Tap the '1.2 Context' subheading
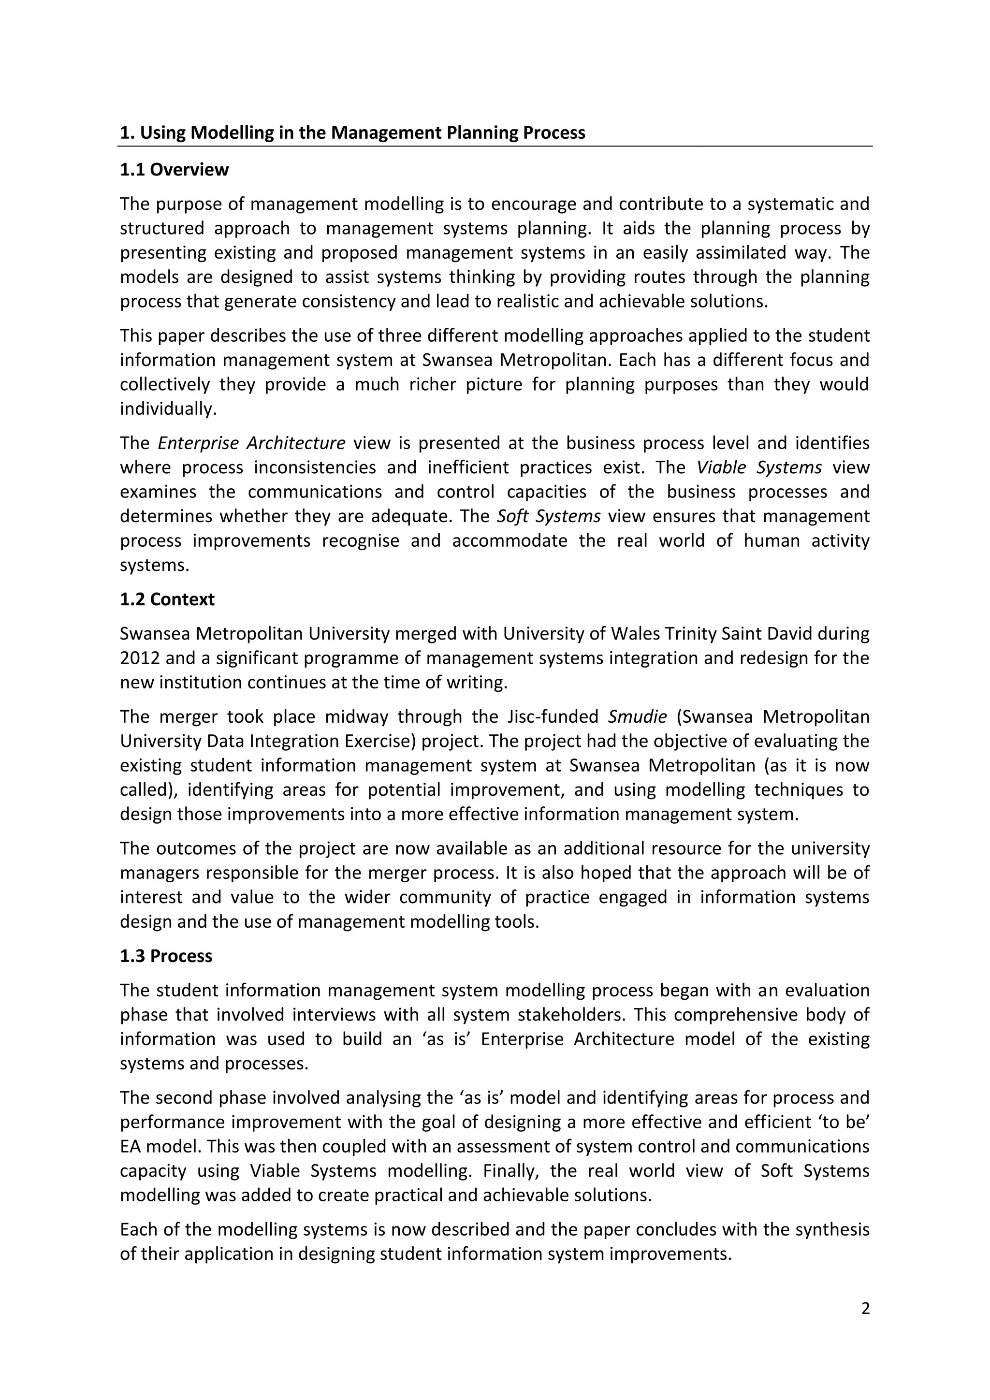(167, 599)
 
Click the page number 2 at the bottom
(866, 1309)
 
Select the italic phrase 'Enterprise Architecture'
(251, 443)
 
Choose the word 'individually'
(168, 408)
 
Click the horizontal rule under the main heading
(495, 146)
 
